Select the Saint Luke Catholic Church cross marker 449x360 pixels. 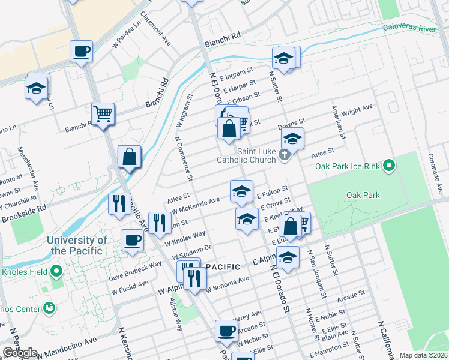[285, 156]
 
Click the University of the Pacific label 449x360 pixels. [77, 245]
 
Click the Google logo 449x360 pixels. [20, 353]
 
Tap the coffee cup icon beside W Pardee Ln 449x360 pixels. [81, 51]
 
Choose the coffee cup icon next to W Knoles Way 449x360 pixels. [132, 240]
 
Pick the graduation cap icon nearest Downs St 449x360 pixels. [292, 139]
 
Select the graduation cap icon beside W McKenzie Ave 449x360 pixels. [241, 191]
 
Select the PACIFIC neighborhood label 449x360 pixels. [223, 266]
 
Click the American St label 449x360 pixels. [338, 123]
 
